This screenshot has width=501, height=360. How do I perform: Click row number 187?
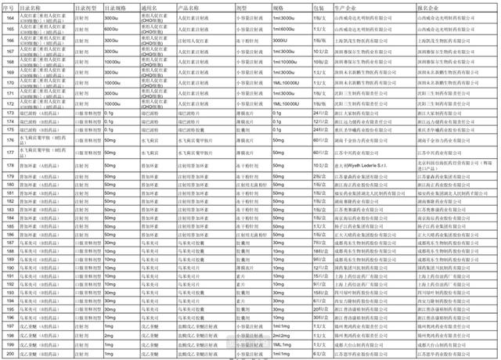click(x=9, y=244)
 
